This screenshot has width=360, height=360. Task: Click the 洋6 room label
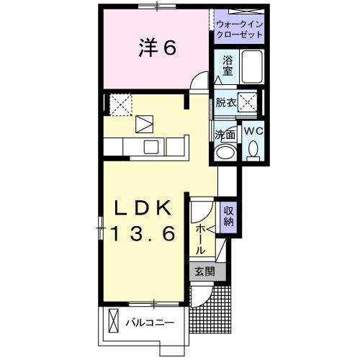pyautogui.click(x=157, y=48)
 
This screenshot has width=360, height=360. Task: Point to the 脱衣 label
pyautogui.click(x=225, y=102)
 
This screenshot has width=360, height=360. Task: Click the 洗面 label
pyautogui.click(x=225, y=135)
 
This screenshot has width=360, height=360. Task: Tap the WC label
pyautogui.click(x=253, y=132)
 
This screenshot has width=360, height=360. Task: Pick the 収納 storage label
pyautogui.click(x=228, y=217)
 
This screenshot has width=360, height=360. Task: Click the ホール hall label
pyautogui.click(x=201, y=238)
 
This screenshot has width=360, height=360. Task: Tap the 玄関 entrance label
pyautogui.click(x=204, y=272)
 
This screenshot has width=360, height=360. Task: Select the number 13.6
pyautogui.click(x=143, y=234)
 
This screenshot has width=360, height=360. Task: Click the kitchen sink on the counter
pyautogui.click(x=152, y=147)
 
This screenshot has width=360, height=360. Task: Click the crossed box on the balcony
pyautogui.click(x=114, y=320)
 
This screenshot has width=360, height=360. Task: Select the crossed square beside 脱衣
pyautogui.click(x=250, y=102)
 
